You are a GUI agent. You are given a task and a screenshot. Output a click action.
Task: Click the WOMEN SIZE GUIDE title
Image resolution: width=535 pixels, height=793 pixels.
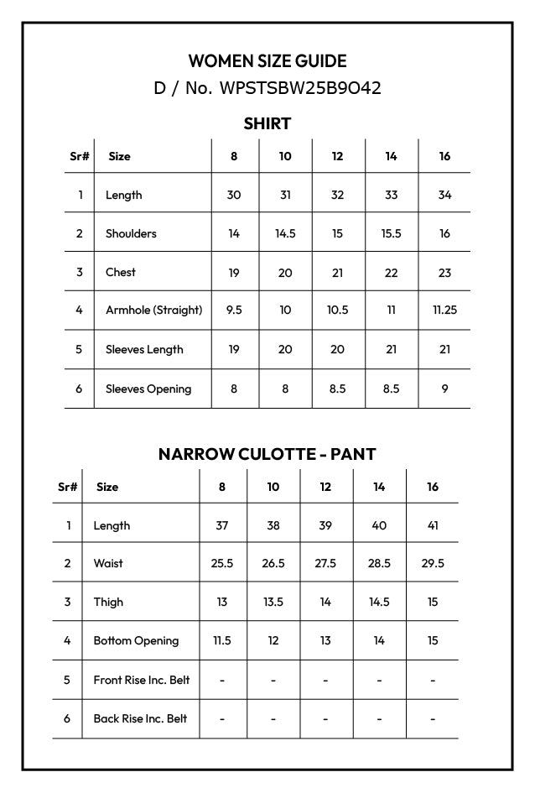pyautogui.click(x=267, y=61)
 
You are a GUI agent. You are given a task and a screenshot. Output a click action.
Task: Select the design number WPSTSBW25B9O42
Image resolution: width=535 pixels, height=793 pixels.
pyautogui.click(x=299, y=88)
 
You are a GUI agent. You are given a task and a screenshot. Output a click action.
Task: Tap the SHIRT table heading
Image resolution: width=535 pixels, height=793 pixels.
pyautogui.click(x=267, y=124)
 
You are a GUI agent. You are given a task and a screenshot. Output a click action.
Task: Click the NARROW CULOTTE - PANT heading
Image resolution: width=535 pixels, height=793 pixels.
pyautogui.click(x=267, y=454)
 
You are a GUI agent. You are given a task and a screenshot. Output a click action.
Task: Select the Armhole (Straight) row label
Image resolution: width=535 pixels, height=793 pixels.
pyautogui.click(x=153, y=310)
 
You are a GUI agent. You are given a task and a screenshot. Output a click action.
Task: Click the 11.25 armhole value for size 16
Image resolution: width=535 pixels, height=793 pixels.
pyautogui.click(x=444, y=310)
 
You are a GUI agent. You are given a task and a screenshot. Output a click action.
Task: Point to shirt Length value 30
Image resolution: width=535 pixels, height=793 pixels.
pyautogui.click(x=234, y=195)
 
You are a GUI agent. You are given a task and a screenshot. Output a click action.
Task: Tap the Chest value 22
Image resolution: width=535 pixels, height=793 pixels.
pyautogui.click(x=391, y=272)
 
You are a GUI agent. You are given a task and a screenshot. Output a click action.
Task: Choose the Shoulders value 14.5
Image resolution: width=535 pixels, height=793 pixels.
pyautogui.click(x=285, y=233)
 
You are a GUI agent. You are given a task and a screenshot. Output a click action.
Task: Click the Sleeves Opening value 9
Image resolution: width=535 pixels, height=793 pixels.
pyautogui.click(x=444, y=389)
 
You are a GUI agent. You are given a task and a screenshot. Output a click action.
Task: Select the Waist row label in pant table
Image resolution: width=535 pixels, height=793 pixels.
pyautogui.click(x=108, y=563)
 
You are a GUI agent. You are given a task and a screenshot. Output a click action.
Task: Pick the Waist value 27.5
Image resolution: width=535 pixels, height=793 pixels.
pyautogui.click(x=325, y=563)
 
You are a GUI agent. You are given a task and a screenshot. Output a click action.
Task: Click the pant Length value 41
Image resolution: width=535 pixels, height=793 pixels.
pyautogui.click(x=432, y=525)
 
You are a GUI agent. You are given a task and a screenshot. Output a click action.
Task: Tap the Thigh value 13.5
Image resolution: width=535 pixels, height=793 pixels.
pyautogui.click(x=273, y=602)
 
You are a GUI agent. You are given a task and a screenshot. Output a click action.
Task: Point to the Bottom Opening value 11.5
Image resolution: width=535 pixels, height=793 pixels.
pyautogui.click(x=221, y=640)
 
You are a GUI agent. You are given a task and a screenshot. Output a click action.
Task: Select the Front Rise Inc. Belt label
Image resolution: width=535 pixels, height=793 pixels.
pyautogui.click(x=141, y=680)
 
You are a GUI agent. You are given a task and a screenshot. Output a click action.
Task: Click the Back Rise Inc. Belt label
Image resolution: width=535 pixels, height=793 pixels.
pyautogui.click(x=140, y=718)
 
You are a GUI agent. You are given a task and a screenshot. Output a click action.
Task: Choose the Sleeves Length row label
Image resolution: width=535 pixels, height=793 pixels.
pyautogui.click(x=144, y=349)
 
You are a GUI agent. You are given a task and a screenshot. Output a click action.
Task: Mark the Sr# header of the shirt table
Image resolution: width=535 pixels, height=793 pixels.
pyautogui.click(x=79, y=156)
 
